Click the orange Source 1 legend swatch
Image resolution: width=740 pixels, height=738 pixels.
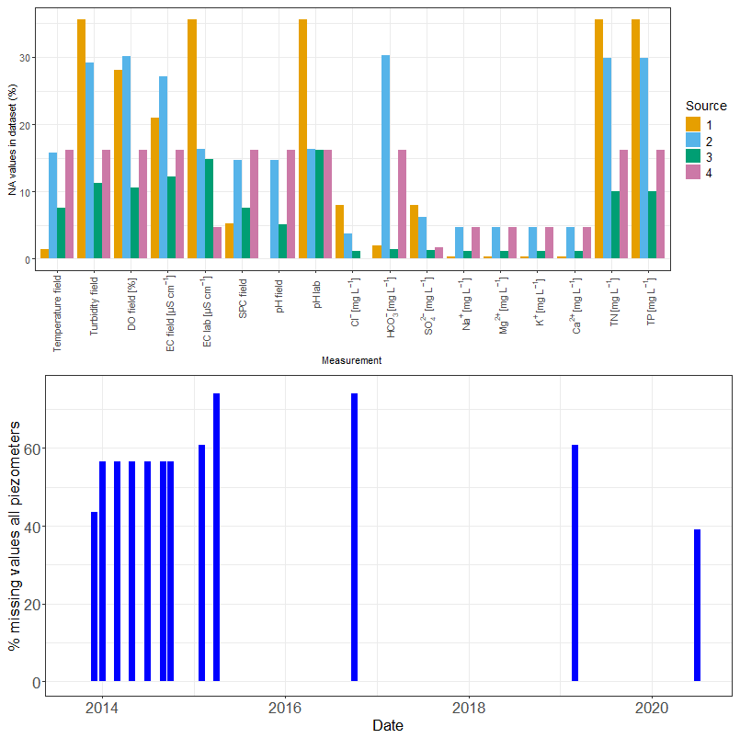694,124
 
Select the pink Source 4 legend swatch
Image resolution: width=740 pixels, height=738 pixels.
694,172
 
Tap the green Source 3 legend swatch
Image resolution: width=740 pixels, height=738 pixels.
694,156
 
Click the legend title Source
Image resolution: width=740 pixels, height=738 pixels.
706,107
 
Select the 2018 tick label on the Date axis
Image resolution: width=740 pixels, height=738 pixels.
469,709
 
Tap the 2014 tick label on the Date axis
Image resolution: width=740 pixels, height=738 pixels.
102,709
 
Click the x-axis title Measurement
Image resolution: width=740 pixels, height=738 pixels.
351,361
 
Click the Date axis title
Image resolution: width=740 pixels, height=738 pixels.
388,725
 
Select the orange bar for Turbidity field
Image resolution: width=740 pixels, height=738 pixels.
81,139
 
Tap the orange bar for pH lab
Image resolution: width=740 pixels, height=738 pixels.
302,139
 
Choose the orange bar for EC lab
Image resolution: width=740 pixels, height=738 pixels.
191,139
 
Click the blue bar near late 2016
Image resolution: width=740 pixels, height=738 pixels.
354,538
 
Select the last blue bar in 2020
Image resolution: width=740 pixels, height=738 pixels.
697,606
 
